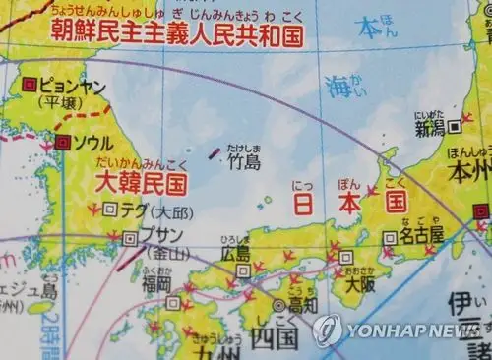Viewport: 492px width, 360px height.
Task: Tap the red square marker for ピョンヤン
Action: pyautogui.click(x=30, y=84)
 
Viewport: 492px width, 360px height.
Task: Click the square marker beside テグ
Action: pyautogui.click(x=109, y=210)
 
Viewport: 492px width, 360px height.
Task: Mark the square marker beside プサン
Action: pyautogui.click(x=131, y=237)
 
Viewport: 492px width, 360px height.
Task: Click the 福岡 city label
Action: pyautogui.click(x=156, y=285)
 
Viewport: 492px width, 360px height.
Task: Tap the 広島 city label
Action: pyautogui.click(x=236, y=254)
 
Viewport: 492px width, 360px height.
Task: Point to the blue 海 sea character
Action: pyautogui.click(x=338, y=88)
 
